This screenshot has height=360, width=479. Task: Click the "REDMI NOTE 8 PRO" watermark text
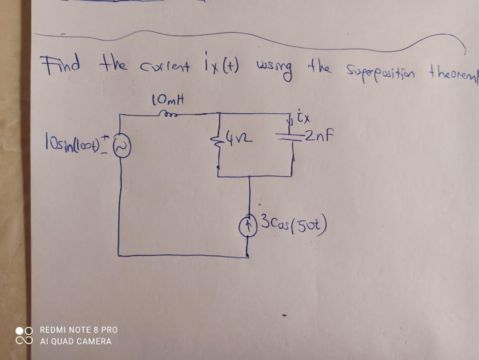[x=79, y=330]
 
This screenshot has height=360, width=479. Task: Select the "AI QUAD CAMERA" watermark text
[x=75, y=341]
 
